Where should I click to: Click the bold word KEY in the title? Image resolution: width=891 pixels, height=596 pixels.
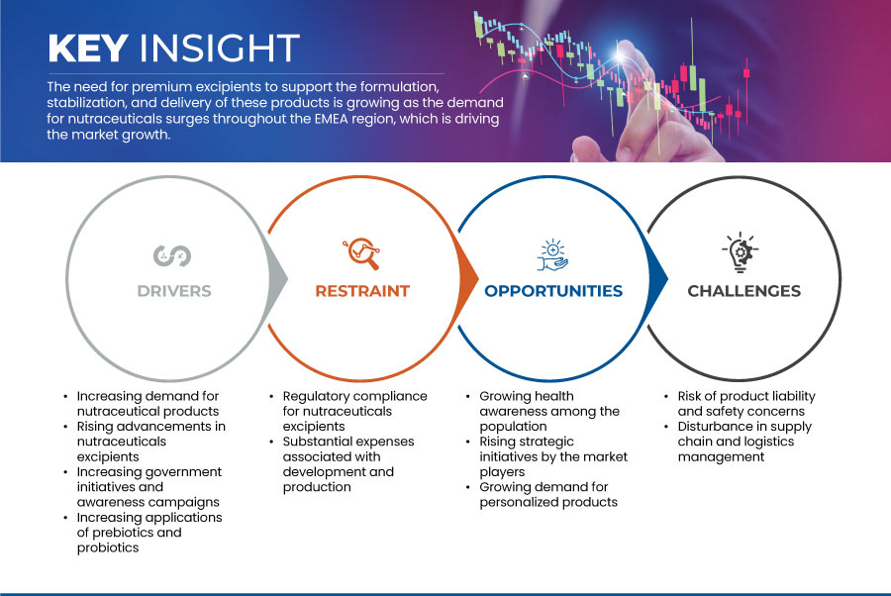(88, 48)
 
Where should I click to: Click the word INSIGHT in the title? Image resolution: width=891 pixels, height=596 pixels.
(220, 48)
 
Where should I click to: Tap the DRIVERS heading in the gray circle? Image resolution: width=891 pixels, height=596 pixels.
(174, 291)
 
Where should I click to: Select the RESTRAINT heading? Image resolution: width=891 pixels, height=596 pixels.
(362, 291)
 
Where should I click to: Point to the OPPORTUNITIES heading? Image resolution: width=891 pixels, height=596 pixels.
(553, 291)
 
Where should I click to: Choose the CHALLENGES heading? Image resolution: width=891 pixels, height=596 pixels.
(743, 291)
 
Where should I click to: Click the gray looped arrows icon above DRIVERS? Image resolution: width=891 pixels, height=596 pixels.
(172, 255)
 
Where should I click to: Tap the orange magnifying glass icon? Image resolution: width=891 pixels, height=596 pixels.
(361, 253)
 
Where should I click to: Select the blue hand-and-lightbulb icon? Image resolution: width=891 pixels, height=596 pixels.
(552, 255)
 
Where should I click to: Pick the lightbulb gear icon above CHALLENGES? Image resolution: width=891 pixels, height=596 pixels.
(741, 252)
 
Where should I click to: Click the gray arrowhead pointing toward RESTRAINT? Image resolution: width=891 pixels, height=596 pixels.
(278, 278)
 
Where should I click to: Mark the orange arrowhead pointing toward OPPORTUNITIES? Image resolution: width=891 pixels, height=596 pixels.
(468, 278)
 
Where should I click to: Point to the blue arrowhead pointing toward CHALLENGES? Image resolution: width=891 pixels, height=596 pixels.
(658, 278)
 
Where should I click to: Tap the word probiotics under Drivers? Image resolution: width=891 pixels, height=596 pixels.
(108, 547)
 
